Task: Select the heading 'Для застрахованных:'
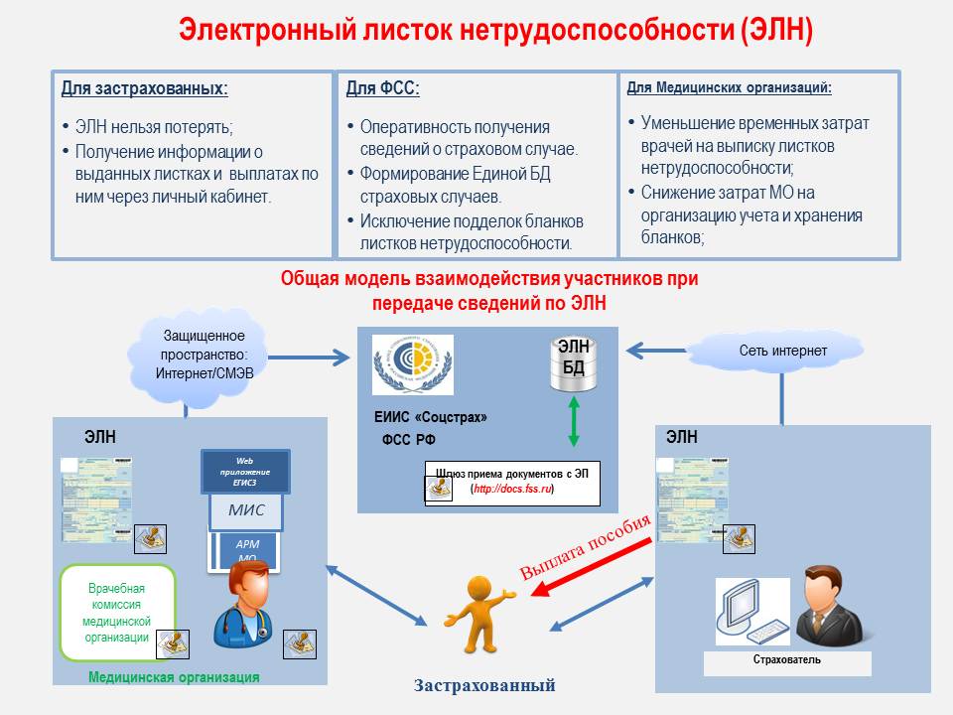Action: tap(145, 88)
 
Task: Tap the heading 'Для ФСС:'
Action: tap(383, 88)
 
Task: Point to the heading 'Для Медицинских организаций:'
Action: tap(730, 87)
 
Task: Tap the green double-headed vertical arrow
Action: tap(573, 423)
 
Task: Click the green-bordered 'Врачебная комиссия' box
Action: tap(117, 612)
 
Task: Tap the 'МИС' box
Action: tap(245, 511)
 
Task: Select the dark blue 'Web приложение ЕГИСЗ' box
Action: tap(245, 471)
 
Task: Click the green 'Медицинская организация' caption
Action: tap(174, 677)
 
